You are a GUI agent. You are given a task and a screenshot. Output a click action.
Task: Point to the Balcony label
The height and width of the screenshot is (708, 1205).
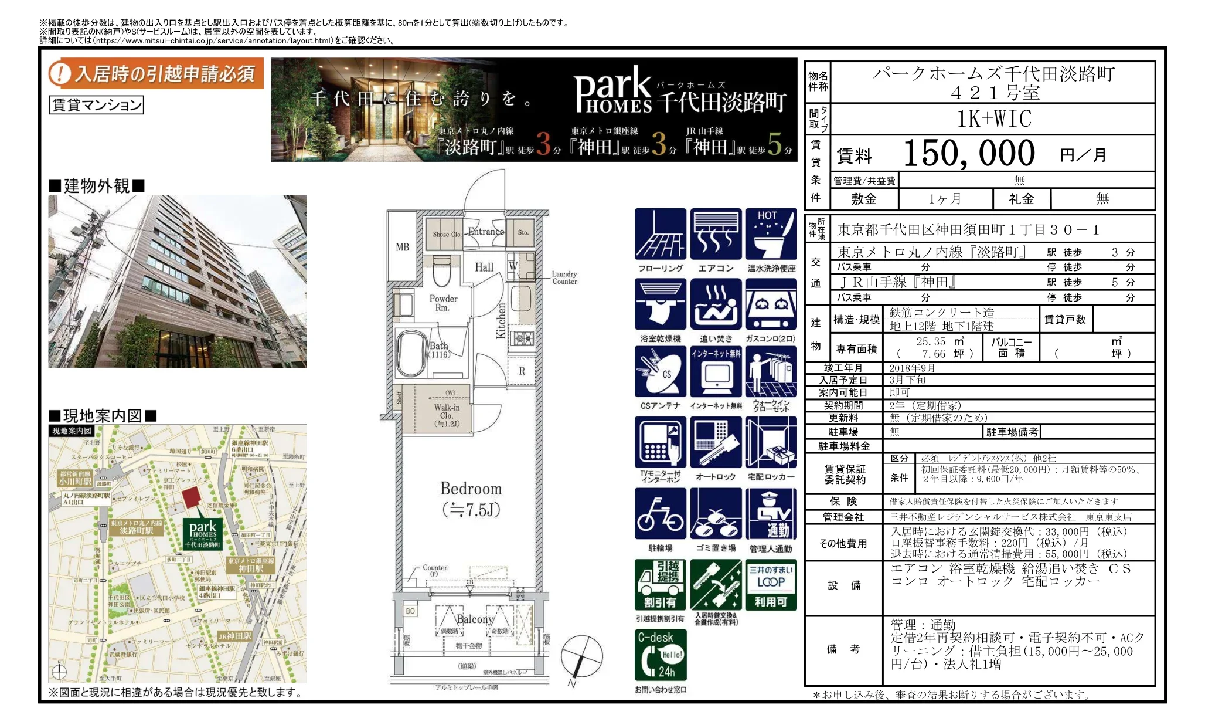coord(475,619)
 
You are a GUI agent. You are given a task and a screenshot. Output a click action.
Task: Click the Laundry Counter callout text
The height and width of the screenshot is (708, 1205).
coord(564,278)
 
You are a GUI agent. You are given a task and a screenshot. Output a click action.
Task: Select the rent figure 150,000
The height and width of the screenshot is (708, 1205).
coord(969,154)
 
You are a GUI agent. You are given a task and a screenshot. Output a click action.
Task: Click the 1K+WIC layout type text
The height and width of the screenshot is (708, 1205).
coord(993,119)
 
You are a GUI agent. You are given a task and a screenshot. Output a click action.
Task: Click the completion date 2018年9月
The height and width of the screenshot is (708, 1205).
coord(912,368)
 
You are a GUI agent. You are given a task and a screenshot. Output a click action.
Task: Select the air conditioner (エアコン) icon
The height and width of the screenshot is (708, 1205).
coord(716,234)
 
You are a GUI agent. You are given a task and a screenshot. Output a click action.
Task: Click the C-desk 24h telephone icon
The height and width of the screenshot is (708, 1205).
coord(660,655)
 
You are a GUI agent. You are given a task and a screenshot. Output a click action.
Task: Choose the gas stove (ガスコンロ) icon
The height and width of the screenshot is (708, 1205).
coord(771,304)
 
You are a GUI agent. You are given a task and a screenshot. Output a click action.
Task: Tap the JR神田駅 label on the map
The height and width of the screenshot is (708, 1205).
coord(234,636)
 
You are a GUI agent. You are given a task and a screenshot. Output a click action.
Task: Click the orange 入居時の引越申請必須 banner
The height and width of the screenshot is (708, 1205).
coord(156,74)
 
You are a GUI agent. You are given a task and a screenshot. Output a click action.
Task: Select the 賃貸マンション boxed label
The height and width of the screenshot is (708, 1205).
coord(97,105)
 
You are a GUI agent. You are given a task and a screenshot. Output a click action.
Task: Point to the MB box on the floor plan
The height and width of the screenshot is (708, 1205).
coord(402,247)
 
